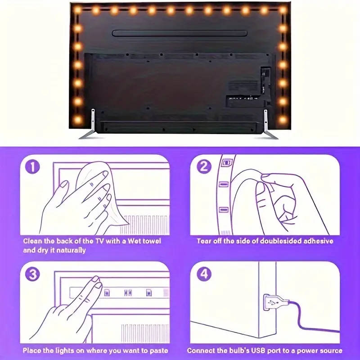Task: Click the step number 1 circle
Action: coord(33,167)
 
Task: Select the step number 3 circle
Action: coord(33,274)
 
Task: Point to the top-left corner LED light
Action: coord(77,9)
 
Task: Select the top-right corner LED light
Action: coord(283,9)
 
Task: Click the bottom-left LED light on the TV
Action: coord(77,120)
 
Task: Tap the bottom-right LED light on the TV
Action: coord(283,120)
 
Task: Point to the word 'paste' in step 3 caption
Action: coord(157,351)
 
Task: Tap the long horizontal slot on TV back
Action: coord(180,33)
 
